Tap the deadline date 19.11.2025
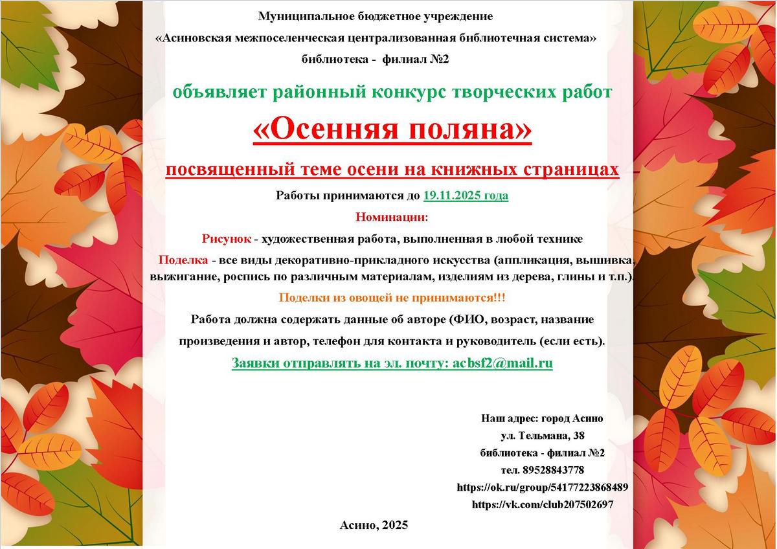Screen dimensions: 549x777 click(x=466, y=196)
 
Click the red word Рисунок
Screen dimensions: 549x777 click(x=226, y=239)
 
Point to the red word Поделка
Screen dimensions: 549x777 click(x=183, y=260)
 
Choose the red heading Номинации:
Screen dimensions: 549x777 click(x=392, y=217)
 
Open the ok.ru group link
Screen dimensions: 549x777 click(x=542, y=487)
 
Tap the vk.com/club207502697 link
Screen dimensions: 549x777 click(x=543, y=504)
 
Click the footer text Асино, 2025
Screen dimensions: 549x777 click(x=374, y=525)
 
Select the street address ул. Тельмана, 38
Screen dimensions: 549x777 click(x=543, y=436)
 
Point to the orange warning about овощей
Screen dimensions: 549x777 click(x=392, y=298)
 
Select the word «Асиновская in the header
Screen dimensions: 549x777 click(x=197, y=38)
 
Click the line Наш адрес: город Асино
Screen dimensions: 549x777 click(x=542, y=419)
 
